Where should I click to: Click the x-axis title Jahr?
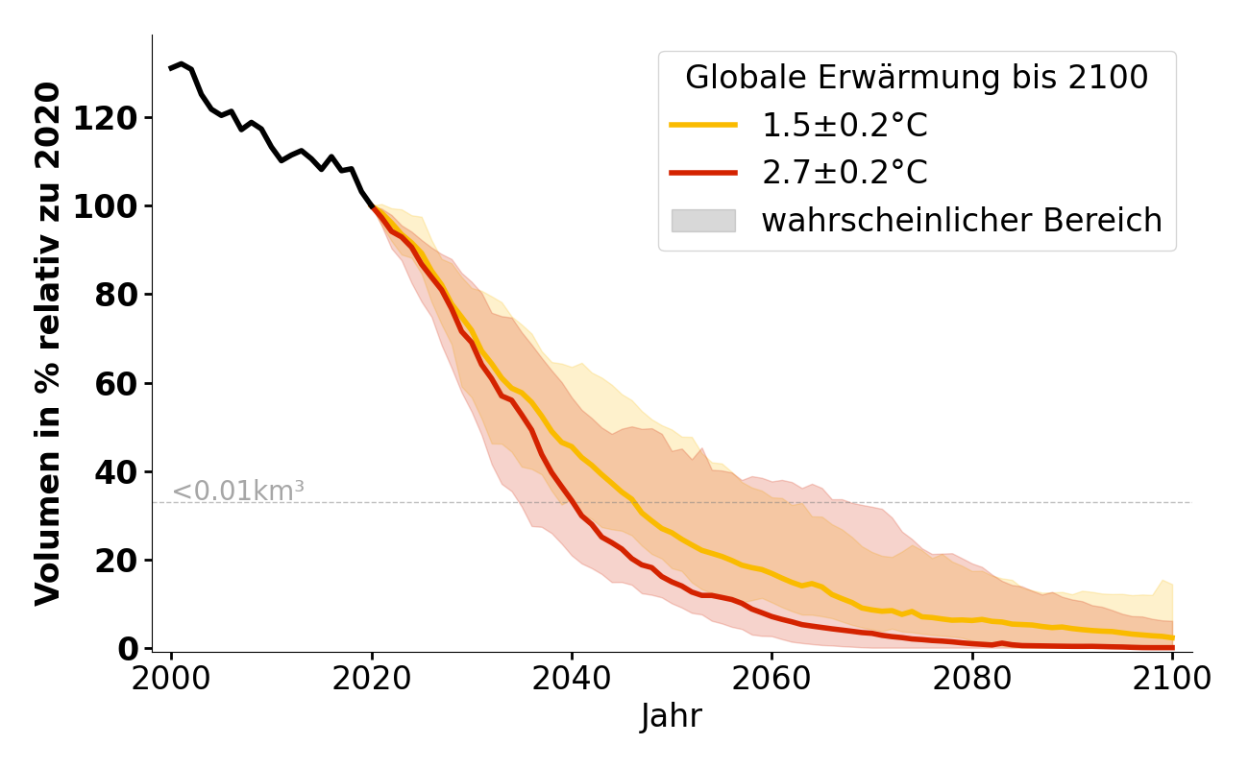(x=672, y=716)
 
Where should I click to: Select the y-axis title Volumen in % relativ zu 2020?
(x=48, y=343)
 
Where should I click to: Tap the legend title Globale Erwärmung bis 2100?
(x=917, y=78)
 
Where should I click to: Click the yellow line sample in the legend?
(x=703, y=125)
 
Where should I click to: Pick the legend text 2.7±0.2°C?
(x=845, y=173)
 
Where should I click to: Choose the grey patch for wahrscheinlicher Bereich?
(x=703, y=221)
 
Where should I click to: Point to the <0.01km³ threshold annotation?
(x=237, y=491)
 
